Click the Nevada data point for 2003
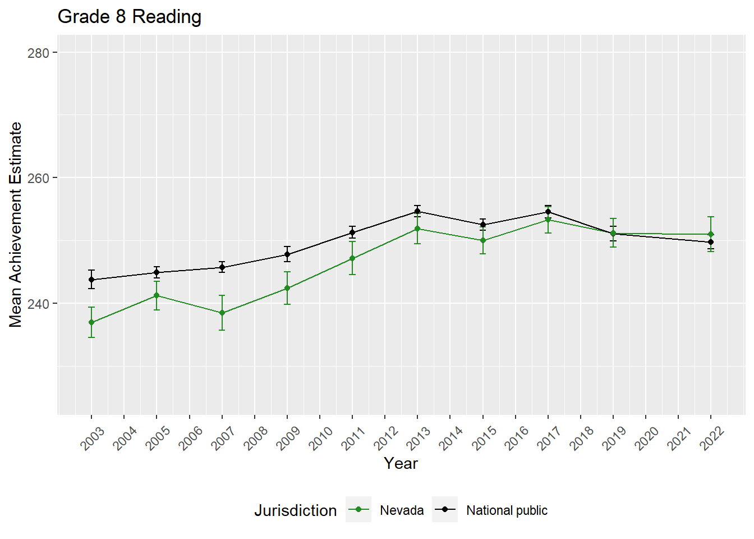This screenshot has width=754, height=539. [x=91, y=322]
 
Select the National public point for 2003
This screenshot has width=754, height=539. [x=91, y=280]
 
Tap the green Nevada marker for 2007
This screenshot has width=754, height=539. [x=222, y=313]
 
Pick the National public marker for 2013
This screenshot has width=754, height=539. [x=417, y=212]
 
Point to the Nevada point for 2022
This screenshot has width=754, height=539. [x=711, y=234]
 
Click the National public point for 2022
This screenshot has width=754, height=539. [x=711, y=242]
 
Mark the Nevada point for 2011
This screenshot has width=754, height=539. [x=352, y=258]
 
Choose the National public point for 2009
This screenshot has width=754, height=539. [x=287, y=254]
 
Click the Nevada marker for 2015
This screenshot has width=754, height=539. [x=482, y=240]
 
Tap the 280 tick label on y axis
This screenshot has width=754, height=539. [x=38, y=53]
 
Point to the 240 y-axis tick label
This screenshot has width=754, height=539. [x=38, y=304]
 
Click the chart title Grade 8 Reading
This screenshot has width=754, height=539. [x=130, y=17]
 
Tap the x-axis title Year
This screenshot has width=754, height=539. [x=401, y=463]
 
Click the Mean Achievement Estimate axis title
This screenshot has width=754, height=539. [x=16, y=225]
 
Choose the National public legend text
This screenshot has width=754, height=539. [x=507, y=510]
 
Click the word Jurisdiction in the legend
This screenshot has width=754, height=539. [x=296, y=510]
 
